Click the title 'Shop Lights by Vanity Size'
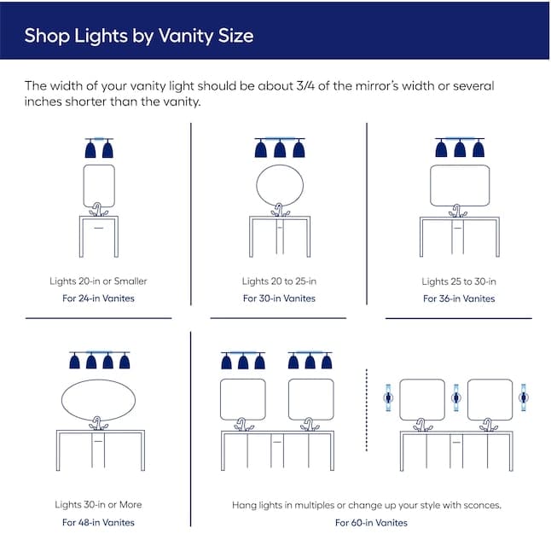(139, 36)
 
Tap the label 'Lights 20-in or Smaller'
(98, 281)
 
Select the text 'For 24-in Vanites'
(98, 299)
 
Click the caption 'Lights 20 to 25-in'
(279, 281)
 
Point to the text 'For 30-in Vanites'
(279, 299)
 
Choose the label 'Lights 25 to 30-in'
(459, 281)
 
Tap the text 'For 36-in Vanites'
(459, 299)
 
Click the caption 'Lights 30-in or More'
(98, 505)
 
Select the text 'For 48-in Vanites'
(98, 523)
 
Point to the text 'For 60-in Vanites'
(371, 523)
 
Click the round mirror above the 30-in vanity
(280, 165)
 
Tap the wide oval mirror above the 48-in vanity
(98, 380)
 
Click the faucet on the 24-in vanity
(98, 210)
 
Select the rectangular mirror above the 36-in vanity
(460, 165)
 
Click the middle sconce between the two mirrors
(456, 397)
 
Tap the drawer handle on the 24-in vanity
(99, 228)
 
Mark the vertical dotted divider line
(367, 409)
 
